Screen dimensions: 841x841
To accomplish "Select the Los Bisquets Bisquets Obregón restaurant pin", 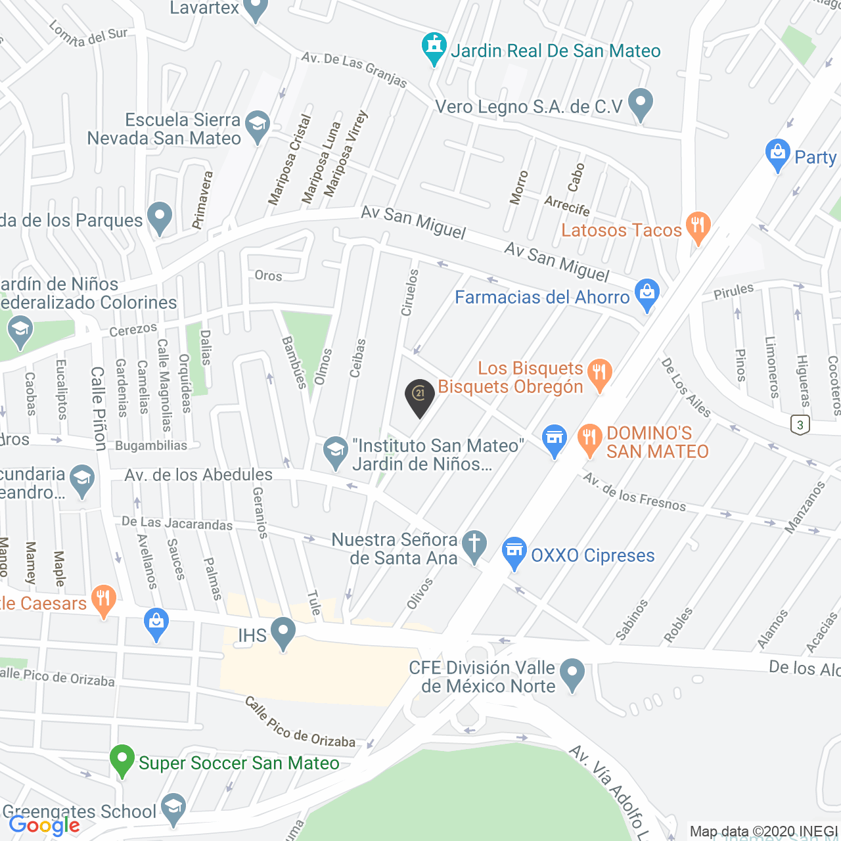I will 599,375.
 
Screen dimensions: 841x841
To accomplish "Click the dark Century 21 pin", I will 420,397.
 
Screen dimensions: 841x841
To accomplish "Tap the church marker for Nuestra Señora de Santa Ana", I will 474,546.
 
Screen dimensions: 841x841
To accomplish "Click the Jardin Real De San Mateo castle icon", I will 434,47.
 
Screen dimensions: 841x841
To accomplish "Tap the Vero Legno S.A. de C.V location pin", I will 640,104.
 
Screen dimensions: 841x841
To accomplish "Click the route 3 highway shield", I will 800,424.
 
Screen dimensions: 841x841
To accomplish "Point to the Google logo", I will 45,825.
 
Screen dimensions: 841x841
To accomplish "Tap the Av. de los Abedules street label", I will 198,475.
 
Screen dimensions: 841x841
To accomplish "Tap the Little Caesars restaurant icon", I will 104,601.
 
